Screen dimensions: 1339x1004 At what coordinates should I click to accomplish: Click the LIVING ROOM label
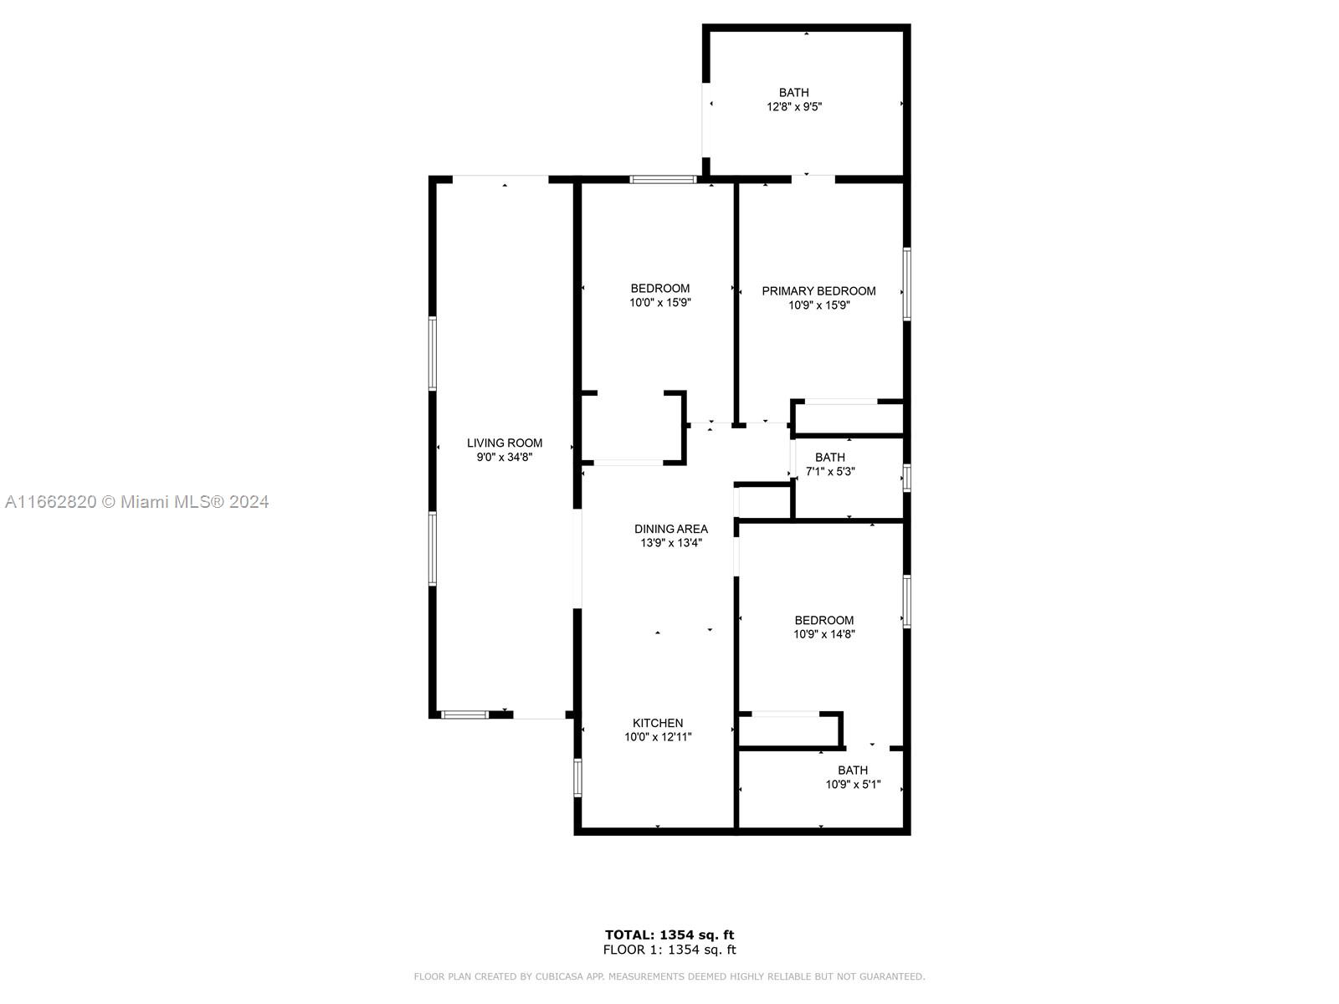pyautogui.click(x=505, y=443)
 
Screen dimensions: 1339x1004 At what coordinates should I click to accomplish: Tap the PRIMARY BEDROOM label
pyautogui.click(x=818, y=291)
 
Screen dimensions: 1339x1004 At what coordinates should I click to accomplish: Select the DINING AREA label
pyautogui.click(x=671, y=529)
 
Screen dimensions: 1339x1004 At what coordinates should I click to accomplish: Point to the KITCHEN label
pyautogui.click(x=658, y=723)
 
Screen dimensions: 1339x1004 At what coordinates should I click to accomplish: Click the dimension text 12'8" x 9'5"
pyautogui.click(x=794, y=107)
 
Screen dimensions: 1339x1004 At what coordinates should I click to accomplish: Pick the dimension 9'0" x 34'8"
pyautogui.click(x=505, y=457)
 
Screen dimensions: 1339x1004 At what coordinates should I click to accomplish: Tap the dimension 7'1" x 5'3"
pyautogui.click(x=830, y=471)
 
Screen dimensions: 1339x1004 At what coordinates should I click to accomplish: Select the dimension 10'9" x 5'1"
pyautogui.click(x=853, y=785)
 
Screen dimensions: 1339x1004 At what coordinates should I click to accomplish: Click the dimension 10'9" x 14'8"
pyautogui.click(x=824, y=634)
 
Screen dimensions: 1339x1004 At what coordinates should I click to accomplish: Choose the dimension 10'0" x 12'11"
pyautogui.click(x=658, y=737)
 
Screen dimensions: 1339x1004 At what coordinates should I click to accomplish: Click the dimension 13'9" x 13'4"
pyautogui.click(x=671, y=543)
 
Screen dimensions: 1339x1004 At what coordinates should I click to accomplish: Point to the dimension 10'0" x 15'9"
pyautogui.click(x=660, y=302)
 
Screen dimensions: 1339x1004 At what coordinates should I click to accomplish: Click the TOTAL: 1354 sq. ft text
pyautogui.click(x=669, y=935)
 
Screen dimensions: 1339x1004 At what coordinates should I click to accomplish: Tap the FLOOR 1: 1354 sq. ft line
pyautogui.click(x=669, y=950)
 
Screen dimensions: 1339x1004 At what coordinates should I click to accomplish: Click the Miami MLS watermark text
pyautogui.click(x=136, y=502)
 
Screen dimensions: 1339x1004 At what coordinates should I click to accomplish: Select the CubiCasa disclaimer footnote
pyautogui.click(x=669, y=976)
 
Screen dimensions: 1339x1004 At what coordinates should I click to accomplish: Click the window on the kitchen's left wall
pyautogui.click(x=577, y=777)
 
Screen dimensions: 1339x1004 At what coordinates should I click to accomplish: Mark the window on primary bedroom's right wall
pyautogui.click(x=906, y=284)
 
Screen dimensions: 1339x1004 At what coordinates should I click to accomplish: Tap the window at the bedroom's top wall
pyautogui.click(x=663, y=179)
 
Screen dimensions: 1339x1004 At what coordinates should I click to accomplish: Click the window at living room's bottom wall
pyautogui.click(x=464, y=715)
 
